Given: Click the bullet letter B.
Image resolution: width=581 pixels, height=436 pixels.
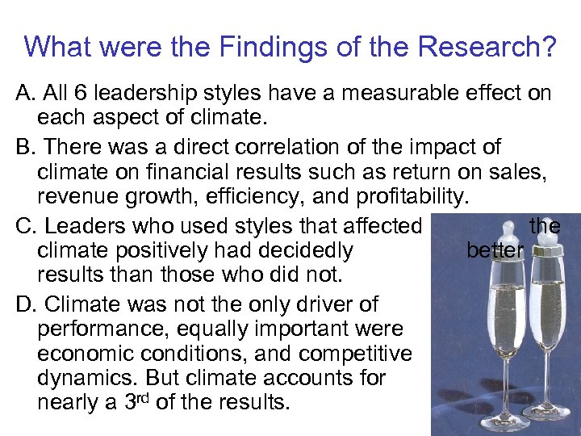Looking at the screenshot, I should click(x=24, y=148).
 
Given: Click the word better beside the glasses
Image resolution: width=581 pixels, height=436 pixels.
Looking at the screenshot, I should click(x=495, y=251).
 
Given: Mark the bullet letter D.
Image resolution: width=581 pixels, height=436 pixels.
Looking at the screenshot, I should click(x=25, y=304).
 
